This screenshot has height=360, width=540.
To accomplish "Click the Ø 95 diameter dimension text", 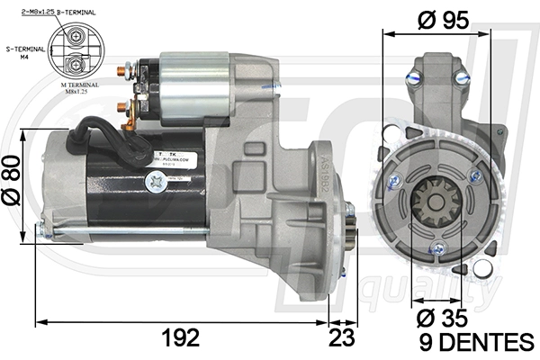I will tap(442, 18).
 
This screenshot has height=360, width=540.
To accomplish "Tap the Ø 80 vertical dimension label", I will tap(13, 186).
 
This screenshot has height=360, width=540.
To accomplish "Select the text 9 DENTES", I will tap(476, 342).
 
